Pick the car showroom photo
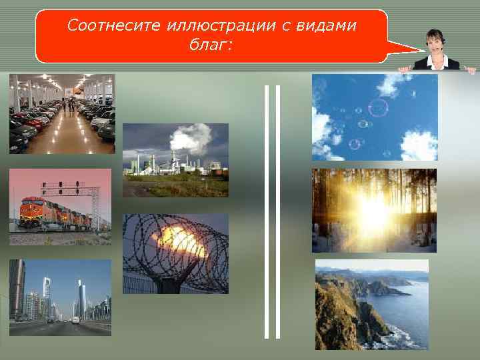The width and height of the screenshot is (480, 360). click(62, 113)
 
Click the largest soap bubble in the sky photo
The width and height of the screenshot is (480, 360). click(378, 107)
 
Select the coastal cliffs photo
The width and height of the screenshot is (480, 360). click(371, 304)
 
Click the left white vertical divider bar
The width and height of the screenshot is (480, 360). click(267, 211)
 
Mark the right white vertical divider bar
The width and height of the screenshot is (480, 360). click(278, 211)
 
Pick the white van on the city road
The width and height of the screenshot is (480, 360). click(75, 320)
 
